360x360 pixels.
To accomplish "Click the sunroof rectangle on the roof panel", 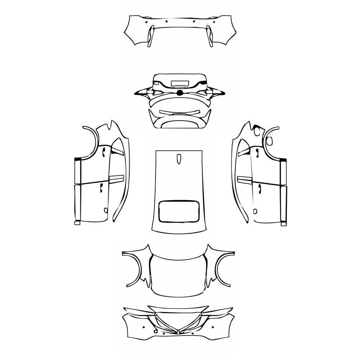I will click(179, 211).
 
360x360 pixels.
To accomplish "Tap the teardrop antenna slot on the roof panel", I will click(179, 159).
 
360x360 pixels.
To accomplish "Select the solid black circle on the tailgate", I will click(180, 93).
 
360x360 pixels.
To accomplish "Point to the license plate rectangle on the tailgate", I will click(179, 83).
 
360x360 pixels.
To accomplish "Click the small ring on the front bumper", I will click(155, 331).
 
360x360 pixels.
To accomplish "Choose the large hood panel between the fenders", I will click(178, 275).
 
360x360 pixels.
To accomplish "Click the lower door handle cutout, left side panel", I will click(102, 188).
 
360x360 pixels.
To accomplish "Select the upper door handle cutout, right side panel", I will click(257, 153).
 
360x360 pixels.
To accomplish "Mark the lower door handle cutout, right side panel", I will click(258, 188).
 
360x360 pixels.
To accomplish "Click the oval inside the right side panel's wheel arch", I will click(269, 141).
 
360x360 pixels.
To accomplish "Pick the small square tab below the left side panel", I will click(77, 223).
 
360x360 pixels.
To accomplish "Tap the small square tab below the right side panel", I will click(284, 224).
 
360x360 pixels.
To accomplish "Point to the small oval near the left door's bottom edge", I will click(105, 210).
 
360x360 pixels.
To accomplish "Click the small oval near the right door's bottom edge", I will click(255, 211).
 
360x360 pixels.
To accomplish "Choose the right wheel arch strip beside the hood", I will click(225, 270).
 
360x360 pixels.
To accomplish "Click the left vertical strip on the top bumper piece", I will click(150, 36).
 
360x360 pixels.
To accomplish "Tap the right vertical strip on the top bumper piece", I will click(209, 36).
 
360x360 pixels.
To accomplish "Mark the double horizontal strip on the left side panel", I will click(116, 179).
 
